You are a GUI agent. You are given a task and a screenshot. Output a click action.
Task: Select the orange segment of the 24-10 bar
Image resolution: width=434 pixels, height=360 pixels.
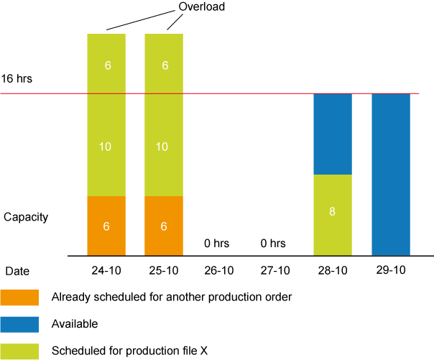coord(106,226)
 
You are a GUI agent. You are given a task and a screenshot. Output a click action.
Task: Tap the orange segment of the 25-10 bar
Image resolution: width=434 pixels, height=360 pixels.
coord(164,226)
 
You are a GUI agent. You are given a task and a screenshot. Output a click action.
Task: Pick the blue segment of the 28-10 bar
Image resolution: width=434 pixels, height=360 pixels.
coord(333,134)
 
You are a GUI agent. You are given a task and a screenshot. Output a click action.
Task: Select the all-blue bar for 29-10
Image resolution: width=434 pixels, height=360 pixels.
coord(391,174)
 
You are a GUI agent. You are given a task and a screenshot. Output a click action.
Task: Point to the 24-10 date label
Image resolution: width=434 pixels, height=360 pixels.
coord(106,271)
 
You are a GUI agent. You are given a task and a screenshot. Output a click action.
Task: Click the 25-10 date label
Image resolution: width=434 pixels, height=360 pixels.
coord(163,271)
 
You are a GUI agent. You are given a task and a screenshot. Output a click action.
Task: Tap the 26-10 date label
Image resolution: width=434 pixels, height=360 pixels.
coord(220,271)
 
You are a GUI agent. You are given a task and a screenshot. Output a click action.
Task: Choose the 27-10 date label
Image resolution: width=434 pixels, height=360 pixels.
coord(277,271)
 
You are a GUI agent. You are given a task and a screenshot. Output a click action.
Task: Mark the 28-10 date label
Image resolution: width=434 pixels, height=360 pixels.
coord(333,271)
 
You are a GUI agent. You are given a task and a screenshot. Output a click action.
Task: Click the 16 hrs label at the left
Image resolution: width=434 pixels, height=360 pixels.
coord(17,78)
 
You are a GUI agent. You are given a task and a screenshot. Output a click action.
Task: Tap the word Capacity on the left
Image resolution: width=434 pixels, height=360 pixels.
coord(26,216)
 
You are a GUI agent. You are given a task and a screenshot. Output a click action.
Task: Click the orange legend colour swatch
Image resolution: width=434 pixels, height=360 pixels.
coord(20,297)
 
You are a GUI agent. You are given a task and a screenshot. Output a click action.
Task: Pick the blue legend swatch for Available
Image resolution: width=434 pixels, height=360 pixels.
coord(20,324)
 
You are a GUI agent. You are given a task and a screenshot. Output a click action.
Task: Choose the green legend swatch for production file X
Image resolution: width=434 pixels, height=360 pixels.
coord(20,351)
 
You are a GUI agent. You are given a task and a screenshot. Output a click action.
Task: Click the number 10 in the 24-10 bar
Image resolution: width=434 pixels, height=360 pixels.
coord(106,147)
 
